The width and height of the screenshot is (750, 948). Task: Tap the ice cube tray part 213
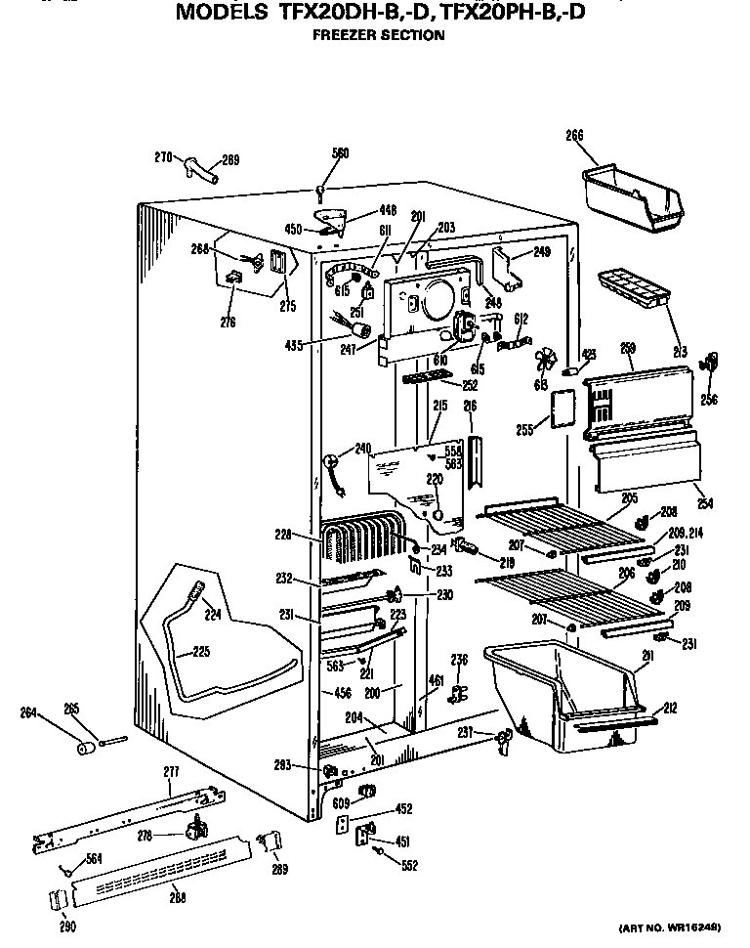633,286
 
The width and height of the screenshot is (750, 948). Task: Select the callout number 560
340,152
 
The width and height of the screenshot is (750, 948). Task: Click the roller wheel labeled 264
87,749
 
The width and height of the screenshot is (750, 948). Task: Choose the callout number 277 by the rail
171,772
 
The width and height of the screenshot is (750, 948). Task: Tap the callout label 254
705,503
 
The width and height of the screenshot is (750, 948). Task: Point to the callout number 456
342,693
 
